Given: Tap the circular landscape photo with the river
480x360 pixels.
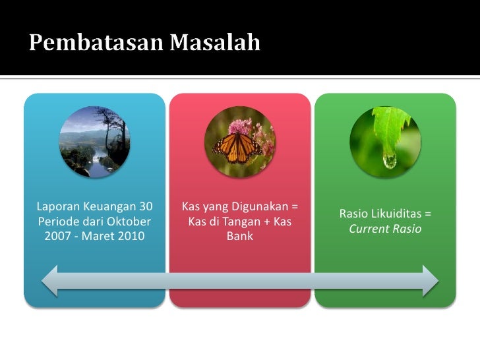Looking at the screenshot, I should point(94,142).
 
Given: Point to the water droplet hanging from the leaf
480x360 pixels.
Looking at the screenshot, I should point(390,160).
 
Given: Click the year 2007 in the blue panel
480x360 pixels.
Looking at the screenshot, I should point(59,235).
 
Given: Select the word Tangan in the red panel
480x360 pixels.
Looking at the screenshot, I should point(243,222).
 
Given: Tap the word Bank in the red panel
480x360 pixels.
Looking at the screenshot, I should point(239,235).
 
